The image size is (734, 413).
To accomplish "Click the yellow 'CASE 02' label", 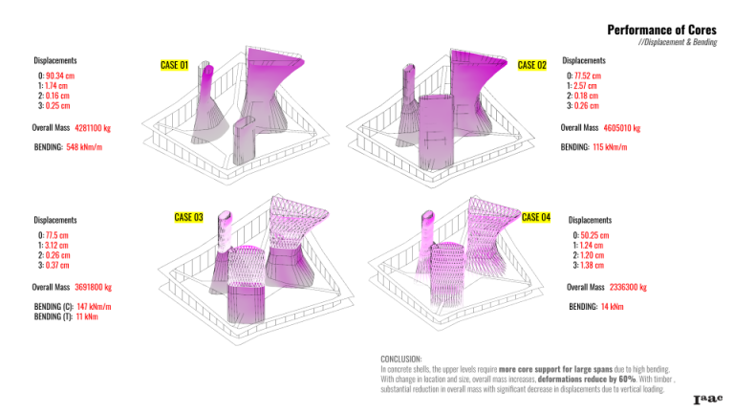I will (530, 65).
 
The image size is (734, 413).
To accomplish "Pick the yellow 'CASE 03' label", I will (188, 217).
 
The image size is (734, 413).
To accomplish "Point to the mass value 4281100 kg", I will (93, 127).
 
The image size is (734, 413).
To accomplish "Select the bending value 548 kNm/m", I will (84, 147).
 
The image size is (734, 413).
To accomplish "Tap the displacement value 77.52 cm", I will (588, 75).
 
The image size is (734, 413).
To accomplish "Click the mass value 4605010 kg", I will (622, 127).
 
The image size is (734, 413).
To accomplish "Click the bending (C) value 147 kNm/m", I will (93, 306).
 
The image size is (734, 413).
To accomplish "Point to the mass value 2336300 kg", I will (628, 286).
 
